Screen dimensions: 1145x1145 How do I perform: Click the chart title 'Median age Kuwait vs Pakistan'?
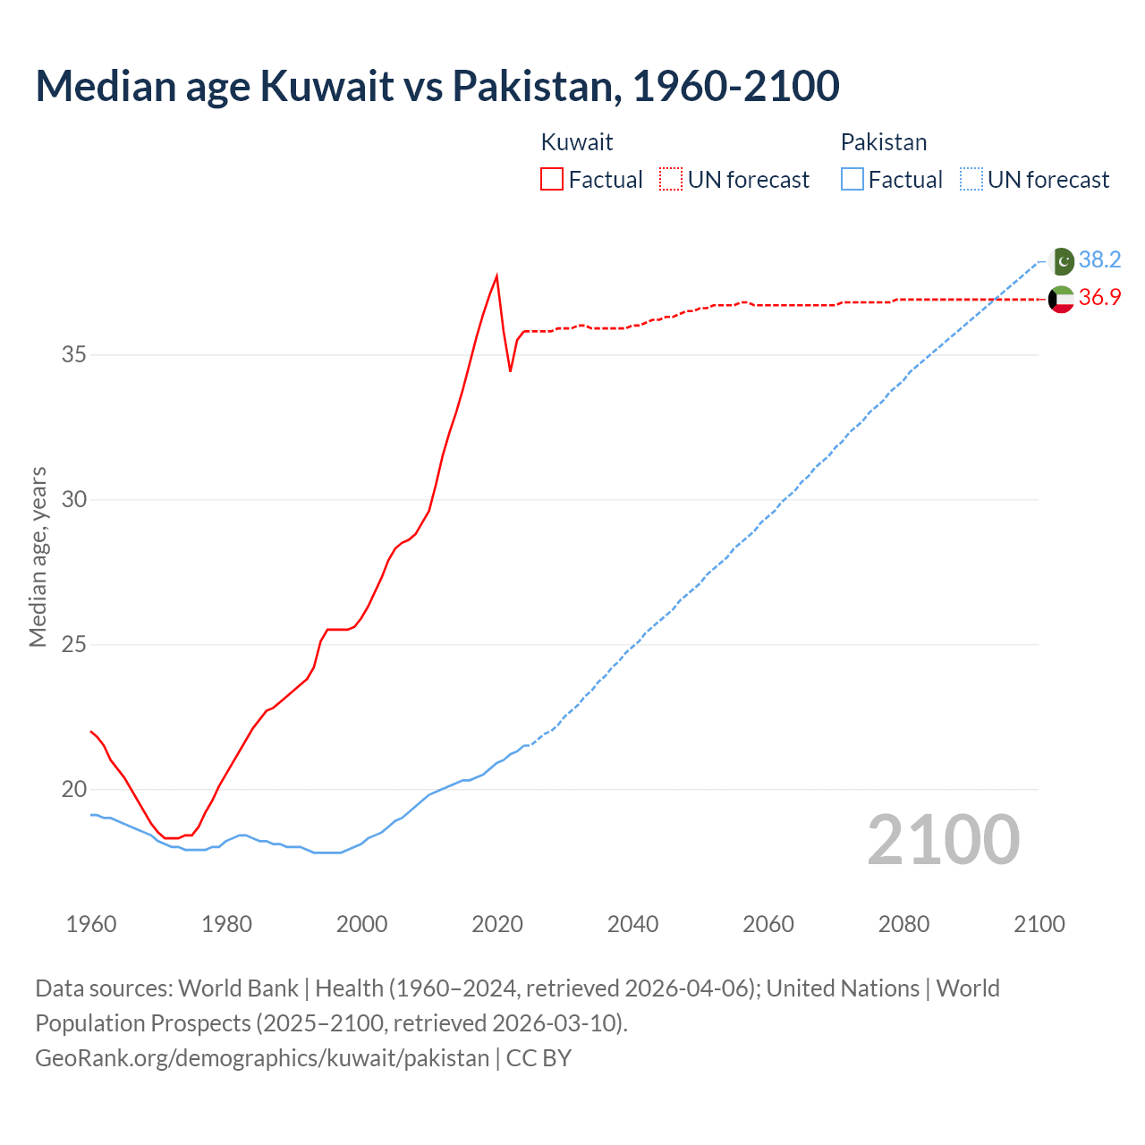pyautogui.click(x=437, y=86)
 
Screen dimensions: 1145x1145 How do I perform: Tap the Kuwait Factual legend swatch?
pyautogui.click(x=552, y=179)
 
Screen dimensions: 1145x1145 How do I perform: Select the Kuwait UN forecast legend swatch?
pyautogui.click(x=671, y=179)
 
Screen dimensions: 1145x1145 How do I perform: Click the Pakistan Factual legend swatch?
pyautogui.click(x=852, y=179)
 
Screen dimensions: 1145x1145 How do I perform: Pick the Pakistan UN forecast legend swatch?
pyautogui.click(x=971, y=179)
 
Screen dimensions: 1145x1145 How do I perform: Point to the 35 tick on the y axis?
pyautogui.click(x=74, y=355)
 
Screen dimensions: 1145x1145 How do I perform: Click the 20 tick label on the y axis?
pyautogui.click(x=74, y=789)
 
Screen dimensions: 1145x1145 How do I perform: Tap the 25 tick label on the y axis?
pyautogui.click(x=74, y=644)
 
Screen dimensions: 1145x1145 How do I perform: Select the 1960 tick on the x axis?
pyautogui.click(x=91, y=924)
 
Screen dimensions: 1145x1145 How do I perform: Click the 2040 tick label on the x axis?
pyautogui.click(x=632, y=924)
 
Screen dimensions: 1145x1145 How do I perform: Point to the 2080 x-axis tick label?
pyautogui.click(x=903, y=924)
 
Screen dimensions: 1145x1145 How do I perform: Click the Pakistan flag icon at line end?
pyautogui.click(x=1061, y=261)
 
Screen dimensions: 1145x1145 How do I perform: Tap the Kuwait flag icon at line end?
pyautogui.click(x=1061, y=299)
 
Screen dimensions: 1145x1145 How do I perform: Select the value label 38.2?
pyautogui.click(x=1099, y=260)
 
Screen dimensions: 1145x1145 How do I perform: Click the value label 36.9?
pyautogui.click(x=1099, y=298)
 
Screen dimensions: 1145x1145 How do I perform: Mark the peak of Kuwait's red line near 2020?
pyautogui.click(x=496, y=276)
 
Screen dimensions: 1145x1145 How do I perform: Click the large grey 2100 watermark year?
pyautogui.click(x=944, y=839)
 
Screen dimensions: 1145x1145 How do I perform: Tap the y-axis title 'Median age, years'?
pyautogui.click(x=38, y=556)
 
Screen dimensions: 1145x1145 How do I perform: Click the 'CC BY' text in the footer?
pyautogui.click(x=539, y=1058)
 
